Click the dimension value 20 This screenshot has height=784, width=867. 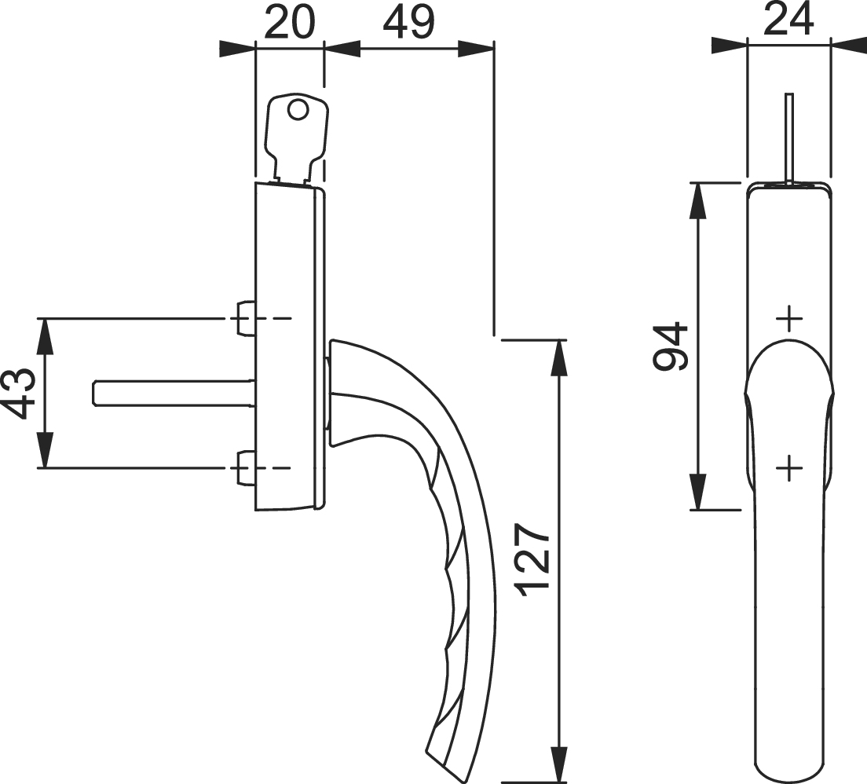click(289, 23)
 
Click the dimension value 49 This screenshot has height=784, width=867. click(409, 23)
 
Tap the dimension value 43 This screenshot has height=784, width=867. click(20, 394)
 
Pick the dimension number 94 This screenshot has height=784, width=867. click(670, 346)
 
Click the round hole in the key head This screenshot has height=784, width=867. click(298, 110)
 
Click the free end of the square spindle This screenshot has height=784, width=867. click(93, 394)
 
